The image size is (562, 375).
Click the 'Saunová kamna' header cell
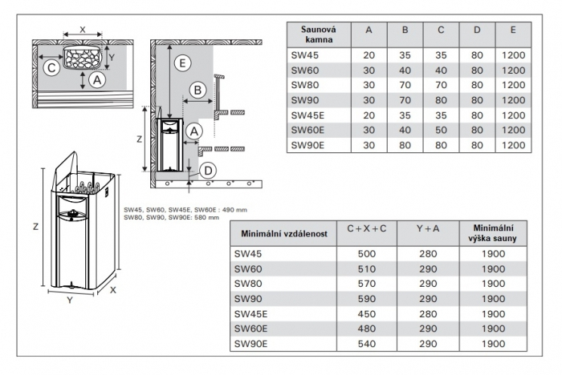pyautogui.click(x=319, y=34)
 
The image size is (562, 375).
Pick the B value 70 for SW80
pyautogui.click(x=405, y=84)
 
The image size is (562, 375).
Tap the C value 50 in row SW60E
pyautogui.click(x=441, y=130)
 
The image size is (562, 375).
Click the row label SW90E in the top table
pyautogui.click(x=307, y=145)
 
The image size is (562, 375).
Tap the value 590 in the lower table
pyautogui.click(x=366, y=298)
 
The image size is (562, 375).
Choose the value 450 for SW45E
pyautogui.click(x=366, y=313)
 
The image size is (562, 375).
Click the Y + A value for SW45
pyautogui.click(x=429, y=252)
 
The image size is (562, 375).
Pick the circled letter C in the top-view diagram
pyautogui.click(x=51, y=68)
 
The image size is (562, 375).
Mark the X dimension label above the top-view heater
pyautogui.click(x=83, y=27)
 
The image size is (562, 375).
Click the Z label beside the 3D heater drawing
pyautogui.click(x=35, y=227)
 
